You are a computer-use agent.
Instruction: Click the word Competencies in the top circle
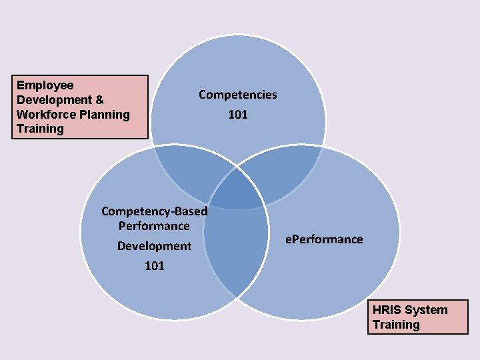237,95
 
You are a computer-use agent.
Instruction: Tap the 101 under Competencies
238,115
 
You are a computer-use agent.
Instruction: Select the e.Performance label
325,239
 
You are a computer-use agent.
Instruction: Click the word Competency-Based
154,211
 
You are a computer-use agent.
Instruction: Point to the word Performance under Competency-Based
154,226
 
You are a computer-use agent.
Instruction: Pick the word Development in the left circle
154,246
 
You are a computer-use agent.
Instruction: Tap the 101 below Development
154,266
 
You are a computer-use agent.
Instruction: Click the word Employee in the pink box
45,85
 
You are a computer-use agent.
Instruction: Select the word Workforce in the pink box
45,115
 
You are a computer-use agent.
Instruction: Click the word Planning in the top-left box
103,115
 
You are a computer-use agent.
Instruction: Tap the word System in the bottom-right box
426,310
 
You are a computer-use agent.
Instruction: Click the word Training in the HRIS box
396,325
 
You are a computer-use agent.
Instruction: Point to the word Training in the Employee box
40,129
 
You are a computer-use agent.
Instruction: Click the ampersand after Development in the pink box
100,100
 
